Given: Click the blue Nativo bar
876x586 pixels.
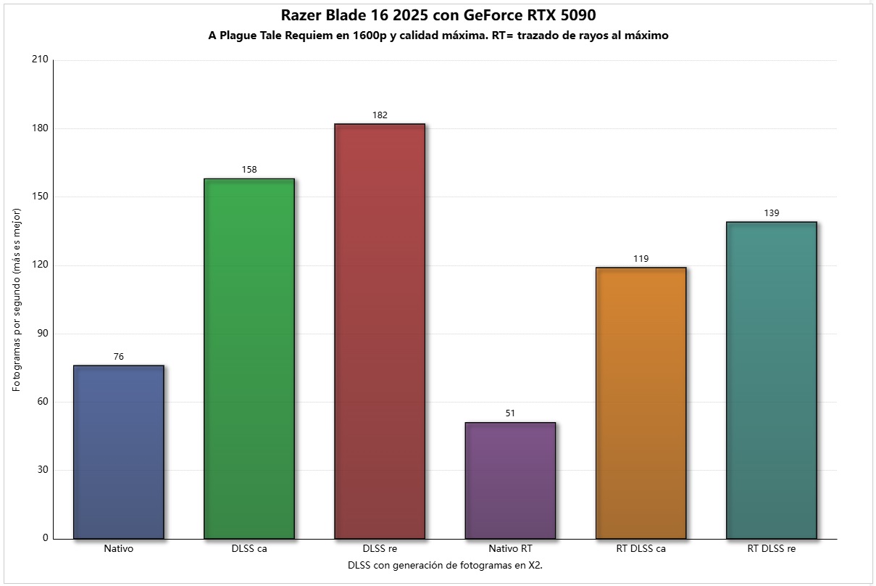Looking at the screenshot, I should (119, 452).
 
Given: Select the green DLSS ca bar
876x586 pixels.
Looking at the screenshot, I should (249, 358).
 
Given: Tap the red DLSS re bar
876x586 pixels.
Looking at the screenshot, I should (380, 331).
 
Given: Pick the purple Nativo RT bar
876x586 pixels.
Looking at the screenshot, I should (510, 480).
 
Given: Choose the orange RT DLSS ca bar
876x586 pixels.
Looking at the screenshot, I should (641, 403).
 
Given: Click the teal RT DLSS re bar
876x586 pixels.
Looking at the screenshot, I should (771, 380).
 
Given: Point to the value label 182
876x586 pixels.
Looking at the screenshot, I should (380, 115).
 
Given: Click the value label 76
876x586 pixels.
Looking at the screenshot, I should (119, 357).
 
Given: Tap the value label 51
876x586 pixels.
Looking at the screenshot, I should (510, 413).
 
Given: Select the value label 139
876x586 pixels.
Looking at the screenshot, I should (771, 213).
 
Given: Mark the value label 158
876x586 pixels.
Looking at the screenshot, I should (249, 170).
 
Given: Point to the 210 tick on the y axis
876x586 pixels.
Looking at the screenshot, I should (40, 60).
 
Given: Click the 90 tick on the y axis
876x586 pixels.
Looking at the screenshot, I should (42, 334).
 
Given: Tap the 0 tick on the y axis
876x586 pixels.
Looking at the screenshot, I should (45, 538).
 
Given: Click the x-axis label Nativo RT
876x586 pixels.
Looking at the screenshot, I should (510, 549).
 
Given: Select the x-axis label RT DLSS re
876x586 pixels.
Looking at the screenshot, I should (771, 549).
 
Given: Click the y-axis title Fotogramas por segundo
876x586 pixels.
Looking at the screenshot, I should (17, 300).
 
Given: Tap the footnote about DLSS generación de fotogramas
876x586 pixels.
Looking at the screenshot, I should (445, 565).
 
